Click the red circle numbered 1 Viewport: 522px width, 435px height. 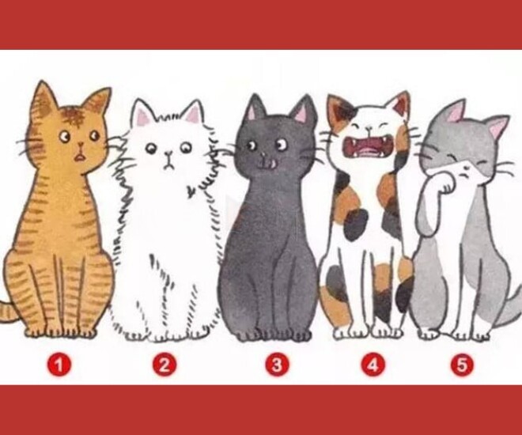[59, 365]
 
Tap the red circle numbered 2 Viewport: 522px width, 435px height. [165, 365]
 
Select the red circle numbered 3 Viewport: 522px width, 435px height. [277, 365]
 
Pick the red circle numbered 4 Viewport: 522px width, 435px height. [373, 365]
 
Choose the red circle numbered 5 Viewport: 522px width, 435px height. [462, 365]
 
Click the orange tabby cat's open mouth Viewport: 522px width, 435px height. [79, 157]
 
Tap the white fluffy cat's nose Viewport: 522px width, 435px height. [170, 154]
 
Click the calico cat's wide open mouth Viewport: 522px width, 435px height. [369, 148]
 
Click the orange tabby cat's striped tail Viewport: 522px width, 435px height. [9, 311]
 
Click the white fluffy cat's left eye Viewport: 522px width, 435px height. [151, 149]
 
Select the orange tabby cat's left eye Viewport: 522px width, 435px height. [65, 137]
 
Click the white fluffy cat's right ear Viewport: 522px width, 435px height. [194, 113]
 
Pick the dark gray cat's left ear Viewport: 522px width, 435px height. [256, 108]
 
